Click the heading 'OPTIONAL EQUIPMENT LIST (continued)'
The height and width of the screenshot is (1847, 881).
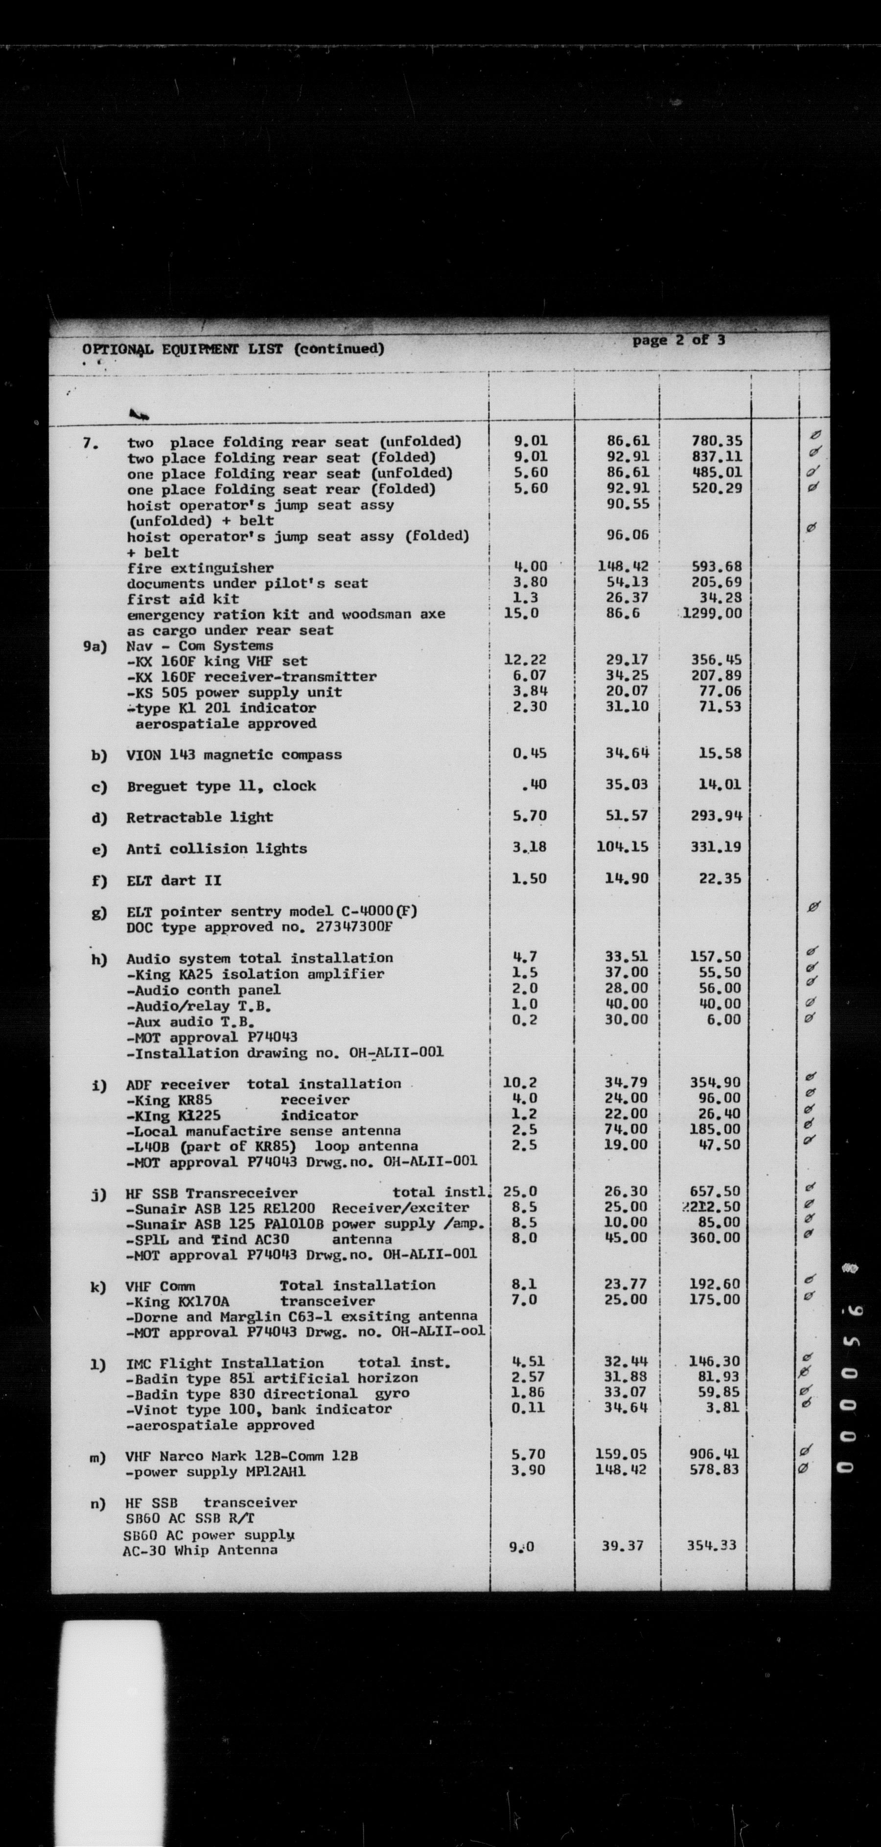[233, 349]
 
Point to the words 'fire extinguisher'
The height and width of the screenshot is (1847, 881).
[200, 568]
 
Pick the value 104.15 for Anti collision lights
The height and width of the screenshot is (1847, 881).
[622, 847]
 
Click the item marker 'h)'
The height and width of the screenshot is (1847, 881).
[98, 959]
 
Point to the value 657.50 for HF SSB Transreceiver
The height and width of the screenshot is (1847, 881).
[715, 1192]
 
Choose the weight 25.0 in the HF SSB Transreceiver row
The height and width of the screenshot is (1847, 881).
[519, 1192]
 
